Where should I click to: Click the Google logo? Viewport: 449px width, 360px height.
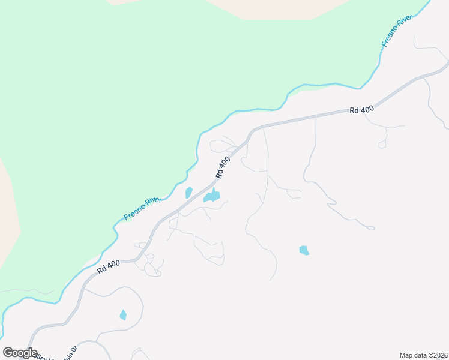tap(20, 353)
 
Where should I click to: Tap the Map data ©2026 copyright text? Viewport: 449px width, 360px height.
tap(424, 355)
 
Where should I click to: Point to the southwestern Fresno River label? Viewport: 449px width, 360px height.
tap(142, 208)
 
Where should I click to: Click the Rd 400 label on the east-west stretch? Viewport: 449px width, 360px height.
tap(362, 110)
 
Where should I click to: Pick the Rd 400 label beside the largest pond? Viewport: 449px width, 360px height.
tap(222, 167)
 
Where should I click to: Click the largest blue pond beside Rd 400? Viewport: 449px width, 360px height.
tap(212, 196)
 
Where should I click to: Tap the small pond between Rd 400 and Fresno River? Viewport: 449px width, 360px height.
tap(188, 193)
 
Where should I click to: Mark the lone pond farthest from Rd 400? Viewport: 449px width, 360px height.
tap(304, 250)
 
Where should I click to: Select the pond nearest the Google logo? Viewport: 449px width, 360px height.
tap(123, 314)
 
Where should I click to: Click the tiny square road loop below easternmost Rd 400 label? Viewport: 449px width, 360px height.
tap(382, 145)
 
